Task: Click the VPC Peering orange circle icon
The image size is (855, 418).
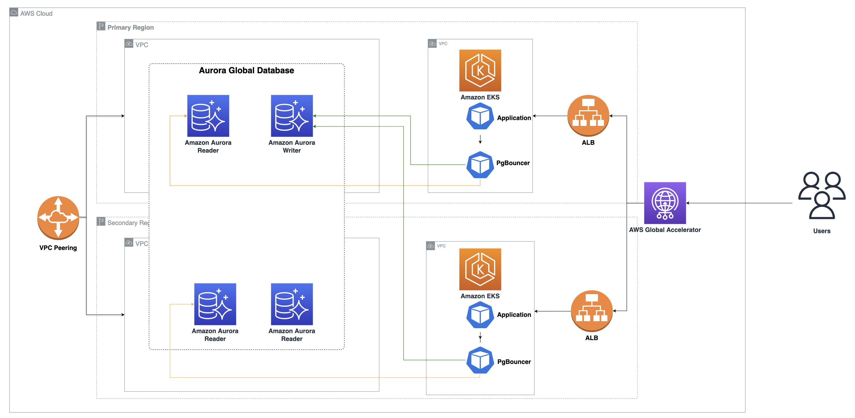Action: [x=58, y=217]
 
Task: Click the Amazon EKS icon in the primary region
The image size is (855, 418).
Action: [x=480, y=70]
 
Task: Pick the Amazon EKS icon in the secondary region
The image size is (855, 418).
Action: [x=480, y=269]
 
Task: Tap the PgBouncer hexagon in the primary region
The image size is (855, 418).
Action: [x=480, y=165]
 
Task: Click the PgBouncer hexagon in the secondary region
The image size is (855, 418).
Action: [x=480, y=360]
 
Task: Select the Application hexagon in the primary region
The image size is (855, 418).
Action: [x=480, y=116]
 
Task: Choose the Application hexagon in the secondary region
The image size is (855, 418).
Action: [x=480, y=315]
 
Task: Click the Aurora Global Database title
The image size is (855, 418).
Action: [x=246, y=70]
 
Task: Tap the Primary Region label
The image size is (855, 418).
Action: [x=130, y=28]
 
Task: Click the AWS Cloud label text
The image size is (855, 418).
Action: [x=36, y=14]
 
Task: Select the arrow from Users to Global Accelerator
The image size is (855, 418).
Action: [x=740, y=203]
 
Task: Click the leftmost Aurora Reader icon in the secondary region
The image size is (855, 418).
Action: [x=215, y=304]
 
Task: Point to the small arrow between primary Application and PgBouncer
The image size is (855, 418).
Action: [x=480, y=139]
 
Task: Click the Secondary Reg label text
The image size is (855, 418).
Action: [x=128, y=223]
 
